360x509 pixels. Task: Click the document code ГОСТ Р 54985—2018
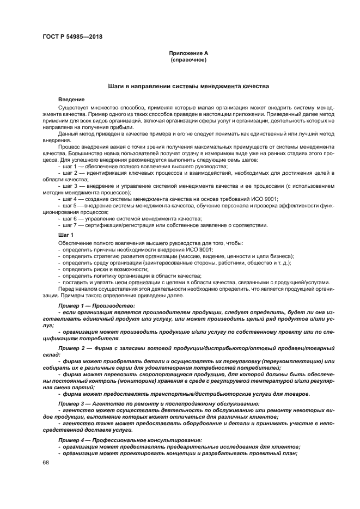(x=72, y=36)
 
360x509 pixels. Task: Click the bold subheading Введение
(x=71, y=99)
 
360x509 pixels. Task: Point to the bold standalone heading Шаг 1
(x=65, y=235)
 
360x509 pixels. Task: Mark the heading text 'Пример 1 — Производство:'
(x=95, y=306)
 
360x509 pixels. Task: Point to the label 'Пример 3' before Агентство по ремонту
(x=71, y=403)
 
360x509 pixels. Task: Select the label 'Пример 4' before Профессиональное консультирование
(x=71, y=439)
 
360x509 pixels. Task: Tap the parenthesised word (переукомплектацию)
(x=294, y=360)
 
